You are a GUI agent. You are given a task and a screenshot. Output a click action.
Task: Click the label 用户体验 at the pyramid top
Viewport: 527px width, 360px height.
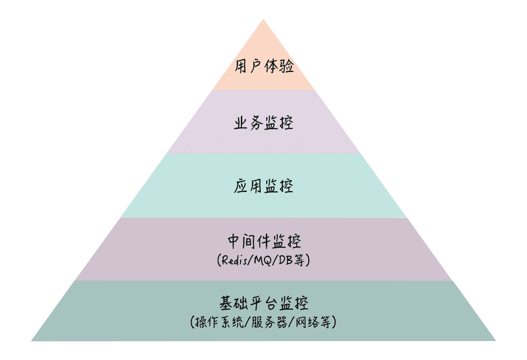click(x=263, y=66)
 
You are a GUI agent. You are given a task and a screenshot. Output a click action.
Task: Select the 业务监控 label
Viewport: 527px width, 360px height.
click(x=263, y=123)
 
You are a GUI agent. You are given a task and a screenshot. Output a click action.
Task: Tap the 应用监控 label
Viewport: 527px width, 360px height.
click(x=263, y=186)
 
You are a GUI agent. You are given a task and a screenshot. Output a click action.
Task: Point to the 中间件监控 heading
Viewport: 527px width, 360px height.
click(x=263, y=241)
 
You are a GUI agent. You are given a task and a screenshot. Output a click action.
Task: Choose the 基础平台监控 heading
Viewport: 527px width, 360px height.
click(x=263, y=303)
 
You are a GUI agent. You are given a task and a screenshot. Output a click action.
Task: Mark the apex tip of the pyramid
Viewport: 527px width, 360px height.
click(x=263, y=19)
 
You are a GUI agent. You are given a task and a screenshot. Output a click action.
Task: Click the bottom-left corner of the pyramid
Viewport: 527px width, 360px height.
click(x=31, y=341)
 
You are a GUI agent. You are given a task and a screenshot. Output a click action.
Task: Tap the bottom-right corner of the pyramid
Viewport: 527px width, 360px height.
click(x=495, y=341)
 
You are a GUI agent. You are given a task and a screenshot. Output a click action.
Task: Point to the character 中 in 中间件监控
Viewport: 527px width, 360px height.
click(x=234, y=241)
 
